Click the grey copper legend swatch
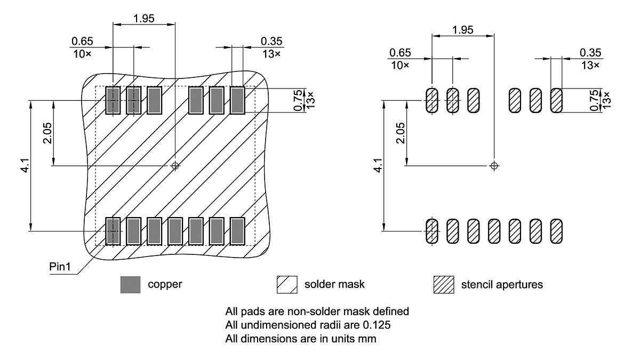[131, 285]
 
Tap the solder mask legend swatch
[286, 285]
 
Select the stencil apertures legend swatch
[444, 285]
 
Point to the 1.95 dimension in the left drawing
[144, 18]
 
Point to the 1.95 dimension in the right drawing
[462, 30]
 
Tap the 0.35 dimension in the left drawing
[271, 41]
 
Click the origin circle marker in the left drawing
[175, 166]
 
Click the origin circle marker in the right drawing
[494, 166]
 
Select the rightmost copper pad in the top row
[237, 100]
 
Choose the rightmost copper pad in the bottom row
[237, 231]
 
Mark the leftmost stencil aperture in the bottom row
[431, 231]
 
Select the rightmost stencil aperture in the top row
[556, 100]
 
